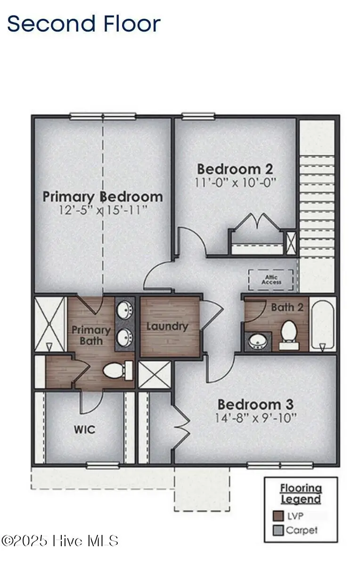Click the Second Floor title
point(84,24)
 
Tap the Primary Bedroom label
point(103,196)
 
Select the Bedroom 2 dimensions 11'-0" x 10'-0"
point(235,182)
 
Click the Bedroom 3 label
point(255,404)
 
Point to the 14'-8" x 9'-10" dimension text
point(255,417)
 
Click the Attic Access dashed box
point(271,280)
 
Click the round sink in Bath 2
point(257,340)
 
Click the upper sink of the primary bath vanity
point(124,310)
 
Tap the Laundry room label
point(167,326)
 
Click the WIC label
point(84,429)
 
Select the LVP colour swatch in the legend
point(278,516)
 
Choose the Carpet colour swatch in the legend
point(278,530)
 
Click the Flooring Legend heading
point(301,493)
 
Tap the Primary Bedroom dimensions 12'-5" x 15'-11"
point(103,210)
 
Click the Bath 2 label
point(287,307)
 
